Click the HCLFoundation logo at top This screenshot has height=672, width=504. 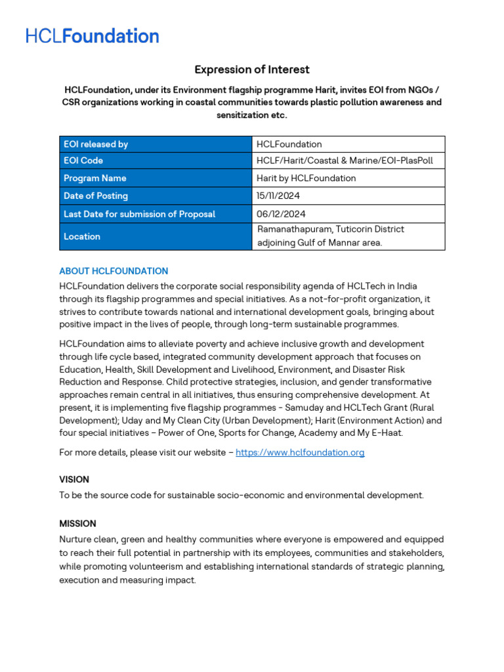click(x=93, y=36)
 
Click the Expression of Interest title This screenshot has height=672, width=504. click(x=252, y=70)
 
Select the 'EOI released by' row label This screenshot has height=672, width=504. click(x=96, y=144)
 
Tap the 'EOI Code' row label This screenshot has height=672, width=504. click(x=83, y=161)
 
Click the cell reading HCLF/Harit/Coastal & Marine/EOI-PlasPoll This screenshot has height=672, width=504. click(x=345, y=161)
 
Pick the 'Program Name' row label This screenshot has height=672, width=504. click(x=94, y=178)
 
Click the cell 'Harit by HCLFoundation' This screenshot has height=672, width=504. click(x=306, y=178)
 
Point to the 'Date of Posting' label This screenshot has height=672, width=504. click(x=96, y=196)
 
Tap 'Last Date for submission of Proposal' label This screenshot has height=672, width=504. click(x=139, y=214)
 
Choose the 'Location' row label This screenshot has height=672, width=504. click(x=82, y=236)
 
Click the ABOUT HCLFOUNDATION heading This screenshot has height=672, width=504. click(x=114, y=271)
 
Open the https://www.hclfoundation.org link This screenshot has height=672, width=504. click(x=300, y=452)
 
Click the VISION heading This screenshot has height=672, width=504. click(x=74, y=480)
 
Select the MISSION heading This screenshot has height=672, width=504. click(x=77, y=524)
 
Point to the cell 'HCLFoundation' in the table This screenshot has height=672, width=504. click(x=289, y=144)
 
